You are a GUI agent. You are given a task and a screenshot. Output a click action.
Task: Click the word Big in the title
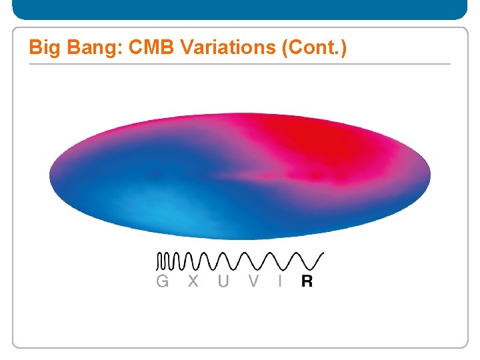(41, 49)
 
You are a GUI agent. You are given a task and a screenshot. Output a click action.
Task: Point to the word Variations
(213, 49)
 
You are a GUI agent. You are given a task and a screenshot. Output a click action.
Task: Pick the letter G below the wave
(162, 281)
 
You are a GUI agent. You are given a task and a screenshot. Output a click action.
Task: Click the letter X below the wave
(193, 281)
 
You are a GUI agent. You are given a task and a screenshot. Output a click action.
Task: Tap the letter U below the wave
(223, 281)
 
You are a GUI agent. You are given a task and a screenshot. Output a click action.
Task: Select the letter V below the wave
(253, 281)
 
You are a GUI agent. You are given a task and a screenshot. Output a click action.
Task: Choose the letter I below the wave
(280, 281)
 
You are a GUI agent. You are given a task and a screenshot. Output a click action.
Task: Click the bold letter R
(307, 281)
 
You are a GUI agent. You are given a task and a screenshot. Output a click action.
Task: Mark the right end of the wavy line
(323, 253)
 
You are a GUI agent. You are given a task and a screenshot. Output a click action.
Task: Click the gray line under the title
(240, 64)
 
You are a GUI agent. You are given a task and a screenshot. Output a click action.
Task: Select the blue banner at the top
(240, 9)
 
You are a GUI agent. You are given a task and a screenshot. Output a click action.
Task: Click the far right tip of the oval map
(429, 175)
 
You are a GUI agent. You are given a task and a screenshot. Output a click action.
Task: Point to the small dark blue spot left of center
(155, 176)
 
